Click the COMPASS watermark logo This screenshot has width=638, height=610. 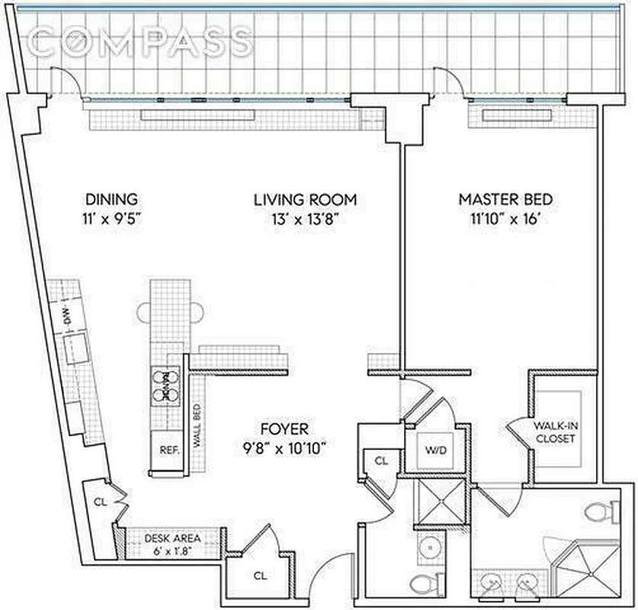pyautogui.click(x=143, y=42)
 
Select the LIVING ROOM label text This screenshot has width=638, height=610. pyautogui.click(x=305, y=200)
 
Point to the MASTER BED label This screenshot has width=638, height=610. pyautogui.click(x=505, y=200)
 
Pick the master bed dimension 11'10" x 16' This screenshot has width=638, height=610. pyautogui.click(x=505, y=218)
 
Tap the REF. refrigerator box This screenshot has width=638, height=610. pyautogui.click(x=168, y=449)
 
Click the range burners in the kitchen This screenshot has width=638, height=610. pyautogui.click(x=165, y=384)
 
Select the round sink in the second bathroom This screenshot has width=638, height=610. pyautogui.click(x=431, y=547)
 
